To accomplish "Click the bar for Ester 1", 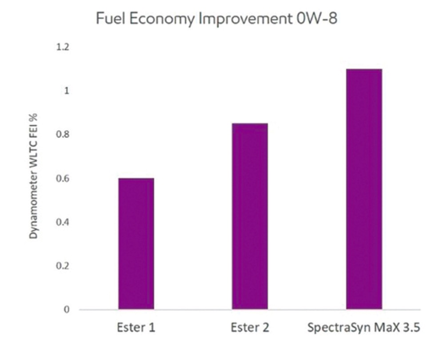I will (x=136, y=244).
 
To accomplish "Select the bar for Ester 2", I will (x=250, y=216).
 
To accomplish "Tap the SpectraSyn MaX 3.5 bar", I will (x=364, y=189).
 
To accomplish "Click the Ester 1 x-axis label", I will (x=136, y=328).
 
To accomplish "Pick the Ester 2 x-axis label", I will (x=250, y=328).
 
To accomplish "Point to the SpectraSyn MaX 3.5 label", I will (x=364, y=328).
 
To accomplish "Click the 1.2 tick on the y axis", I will (x=63, y=47).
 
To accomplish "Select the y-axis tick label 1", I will (x=67, y=91).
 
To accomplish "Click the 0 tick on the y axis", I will (x=67, y=309).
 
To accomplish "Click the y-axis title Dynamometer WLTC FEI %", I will (x=34, y=176).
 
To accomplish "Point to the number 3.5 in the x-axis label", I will (x=411, y=328).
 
